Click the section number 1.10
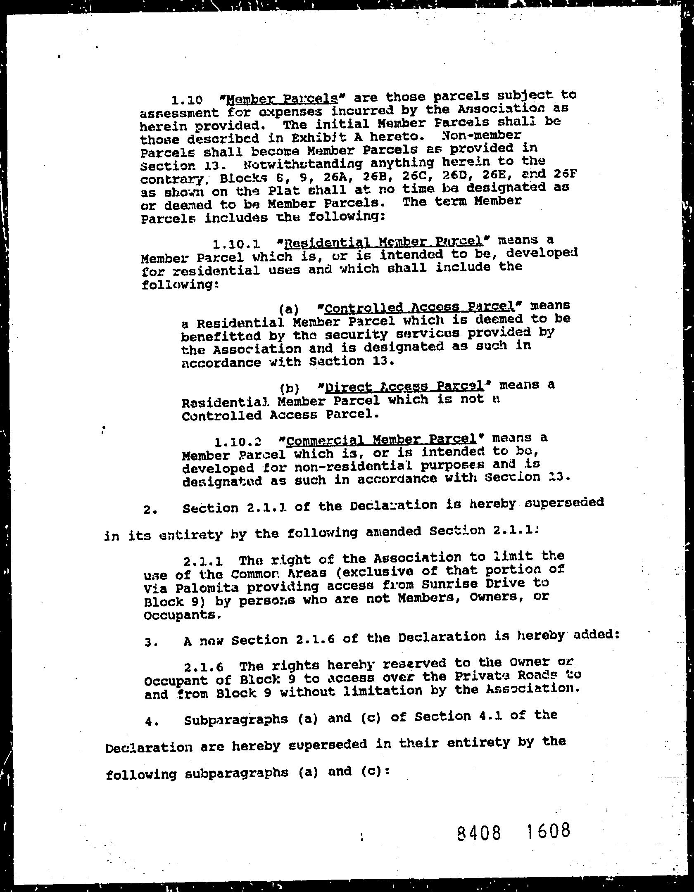point(187,100)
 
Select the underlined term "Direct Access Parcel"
point(404,387)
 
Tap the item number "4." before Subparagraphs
point(150,722)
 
